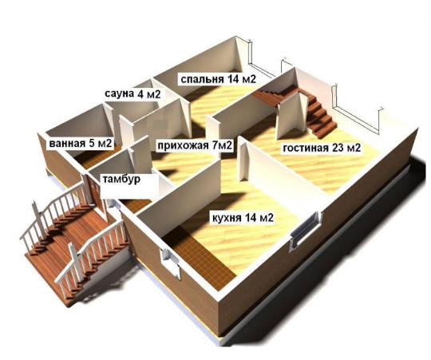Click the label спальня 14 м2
click(x=218, y=79)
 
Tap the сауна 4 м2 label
click(x=132, y=94)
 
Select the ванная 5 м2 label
click(x=81, y=143)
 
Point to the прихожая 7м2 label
click(x=194, y=145)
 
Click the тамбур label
click(x=121, y=179)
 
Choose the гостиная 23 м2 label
click(x=322, y=148)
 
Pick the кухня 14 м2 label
click(x=243, y=218)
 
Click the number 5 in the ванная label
click(x=92, y=143)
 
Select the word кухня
click(x=227, y=218)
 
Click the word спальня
click(x=202, y=80)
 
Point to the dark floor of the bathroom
click(x=97, y=157)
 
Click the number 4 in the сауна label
click(x=140, y=94)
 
